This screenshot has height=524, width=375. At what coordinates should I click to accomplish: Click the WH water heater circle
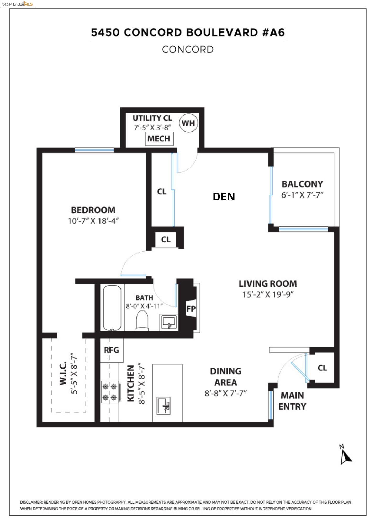(188, 123)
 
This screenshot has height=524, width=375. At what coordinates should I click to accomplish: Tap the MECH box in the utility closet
(159, 139)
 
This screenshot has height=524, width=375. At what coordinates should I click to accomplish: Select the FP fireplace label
(191, 309)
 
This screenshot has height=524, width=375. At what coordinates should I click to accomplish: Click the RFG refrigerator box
(112, 350)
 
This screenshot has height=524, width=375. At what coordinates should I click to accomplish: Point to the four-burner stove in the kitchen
(110, 392)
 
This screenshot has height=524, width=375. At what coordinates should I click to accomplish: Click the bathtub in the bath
(112, 308)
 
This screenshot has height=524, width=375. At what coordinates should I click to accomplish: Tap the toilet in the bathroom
(142, 321)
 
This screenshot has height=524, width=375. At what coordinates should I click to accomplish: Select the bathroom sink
(168, 322)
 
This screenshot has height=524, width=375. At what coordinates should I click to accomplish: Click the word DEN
(224, 196)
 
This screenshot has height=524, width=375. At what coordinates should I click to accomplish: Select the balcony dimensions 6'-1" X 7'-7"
(302, 195)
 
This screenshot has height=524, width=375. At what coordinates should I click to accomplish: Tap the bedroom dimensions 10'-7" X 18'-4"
(93, 221)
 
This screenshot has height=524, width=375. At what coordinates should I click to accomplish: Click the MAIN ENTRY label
(292, 401)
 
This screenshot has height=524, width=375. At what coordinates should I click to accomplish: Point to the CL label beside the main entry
(322, 368)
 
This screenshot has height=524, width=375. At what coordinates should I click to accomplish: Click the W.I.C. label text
(63, 373)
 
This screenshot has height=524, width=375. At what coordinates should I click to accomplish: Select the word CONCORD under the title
(188, 50)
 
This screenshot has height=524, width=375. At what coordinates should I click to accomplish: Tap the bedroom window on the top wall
(94, 150)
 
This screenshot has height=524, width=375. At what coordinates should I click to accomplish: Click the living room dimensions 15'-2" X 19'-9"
(268, 294)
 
